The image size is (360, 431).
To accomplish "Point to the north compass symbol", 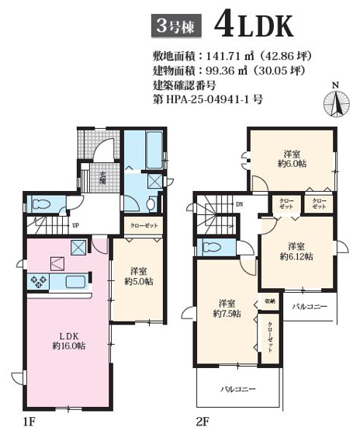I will pos(335,102).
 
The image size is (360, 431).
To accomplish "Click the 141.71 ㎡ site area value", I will pos(226,57).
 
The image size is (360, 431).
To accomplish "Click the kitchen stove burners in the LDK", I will pos(38,281).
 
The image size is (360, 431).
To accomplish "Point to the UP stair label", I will pos(74,226).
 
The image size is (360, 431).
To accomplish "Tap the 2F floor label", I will pos(204,421).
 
